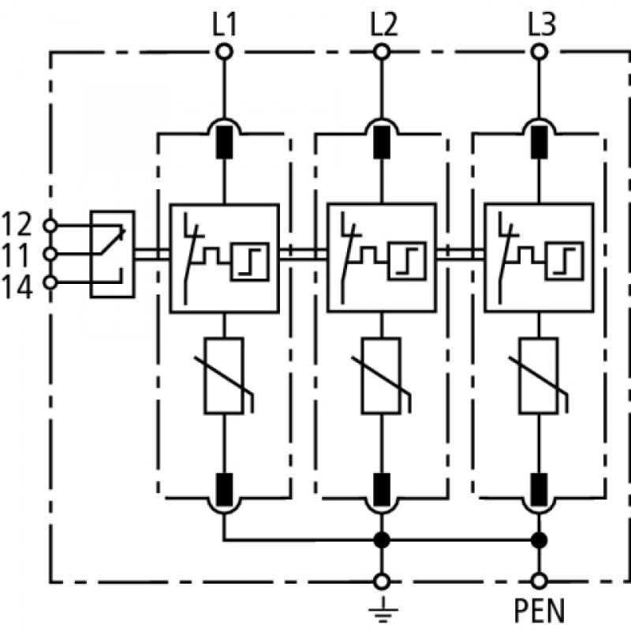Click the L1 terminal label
coord(224,25)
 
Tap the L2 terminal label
coord(383,25)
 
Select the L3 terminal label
coord(542,25)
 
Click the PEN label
coord(540,610)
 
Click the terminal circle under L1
coord(225,52)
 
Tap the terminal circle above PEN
coord(540,581)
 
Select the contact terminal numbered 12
coord(50,226)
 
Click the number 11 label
coord(16,255)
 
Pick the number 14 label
coord(17,287)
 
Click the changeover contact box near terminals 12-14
coord(112,254)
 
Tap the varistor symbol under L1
coord(225,376)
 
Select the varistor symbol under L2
coord(382,376)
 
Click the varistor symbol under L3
coord(540,376)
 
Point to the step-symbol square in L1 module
coord(250,262)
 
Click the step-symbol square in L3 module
coord(565,261)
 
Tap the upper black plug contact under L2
coord(382,142)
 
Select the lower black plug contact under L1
coord(225,489)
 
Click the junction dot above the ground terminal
coord(382,540)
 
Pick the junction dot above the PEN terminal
coord(540,540)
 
